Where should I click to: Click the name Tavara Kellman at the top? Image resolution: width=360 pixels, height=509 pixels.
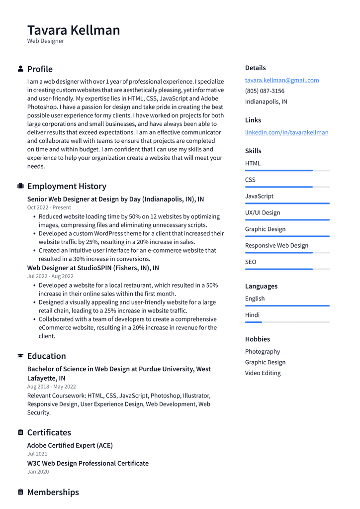coord(74,30)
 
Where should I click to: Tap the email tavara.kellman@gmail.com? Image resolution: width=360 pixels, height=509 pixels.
coord(281,80)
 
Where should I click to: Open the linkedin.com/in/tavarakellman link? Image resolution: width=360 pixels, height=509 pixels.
coord(286,132)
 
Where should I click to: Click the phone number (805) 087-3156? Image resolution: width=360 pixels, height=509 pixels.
coord(265,91)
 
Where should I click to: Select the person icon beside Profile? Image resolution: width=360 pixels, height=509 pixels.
coord(20,69)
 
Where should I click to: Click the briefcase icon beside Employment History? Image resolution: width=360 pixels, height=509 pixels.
coord(20,186)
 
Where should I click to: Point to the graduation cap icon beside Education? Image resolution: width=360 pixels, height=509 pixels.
coord(20,356)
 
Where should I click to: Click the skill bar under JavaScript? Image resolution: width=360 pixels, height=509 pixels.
coord(287,204)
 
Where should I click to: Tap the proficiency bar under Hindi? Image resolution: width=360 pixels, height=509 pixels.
coord(287,322)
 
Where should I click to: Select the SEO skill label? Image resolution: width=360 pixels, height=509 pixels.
coord(251,262)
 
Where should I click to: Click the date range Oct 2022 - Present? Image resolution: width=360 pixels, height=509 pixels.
coord(49,207)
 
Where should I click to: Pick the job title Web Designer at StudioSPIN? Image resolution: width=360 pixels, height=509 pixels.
coord(93,268)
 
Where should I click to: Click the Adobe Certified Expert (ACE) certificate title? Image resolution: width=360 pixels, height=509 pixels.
coord(70,445)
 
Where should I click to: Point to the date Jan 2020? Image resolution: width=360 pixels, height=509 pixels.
coord(38,472)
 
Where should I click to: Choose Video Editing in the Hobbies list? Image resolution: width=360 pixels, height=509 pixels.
coord(263,373)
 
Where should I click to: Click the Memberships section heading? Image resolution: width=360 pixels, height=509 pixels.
coord(53,492)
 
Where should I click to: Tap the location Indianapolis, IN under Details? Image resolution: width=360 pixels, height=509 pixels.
coord(266,102)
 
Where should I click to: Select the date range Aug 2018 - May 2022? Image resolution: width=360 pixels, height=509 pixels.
coord(51,387)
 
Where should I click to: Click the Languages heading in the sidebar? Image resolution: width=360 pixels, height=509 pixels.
coord(261,286)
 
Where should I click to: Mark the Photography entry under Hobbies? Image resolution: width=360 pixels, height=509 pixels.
coord(262,352)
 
